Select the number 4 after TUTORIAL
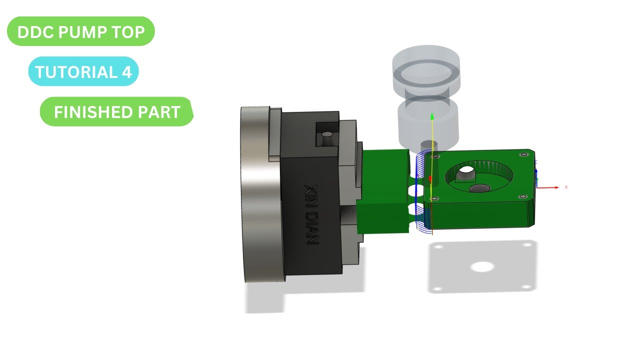126,71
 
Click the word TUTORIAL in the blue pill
76,71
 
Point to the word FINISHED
93,112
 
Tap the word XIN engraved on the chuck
311,196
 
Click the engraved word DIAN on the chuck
312,228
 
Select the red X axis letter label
566,187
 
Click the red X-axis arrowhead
556,187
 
